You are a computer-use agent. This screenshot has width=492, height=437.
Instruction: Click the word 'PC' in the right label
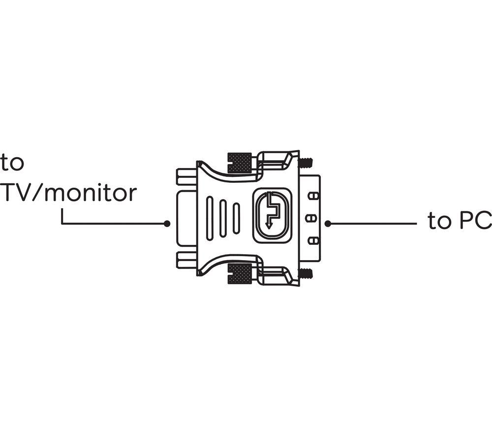pos(475,222)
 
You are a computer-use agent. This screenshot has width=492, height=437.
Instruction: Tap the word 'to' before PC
pos(439,222)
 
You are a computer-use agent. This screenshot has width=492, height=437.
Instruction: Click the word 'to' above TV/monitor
pos(12,163)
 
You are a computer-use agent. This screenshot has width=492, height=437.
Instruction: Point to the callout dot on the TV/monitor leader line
pos(167,224)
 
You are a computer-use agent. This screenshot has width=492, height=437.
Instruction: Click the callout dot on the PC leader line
pos(328,224)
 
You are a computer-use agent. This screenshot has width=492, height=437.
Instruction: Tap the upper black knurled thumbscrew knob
pos(240,163)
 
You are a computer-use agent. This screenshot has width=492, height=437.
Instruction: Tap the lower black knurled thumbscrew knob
pos(240,273)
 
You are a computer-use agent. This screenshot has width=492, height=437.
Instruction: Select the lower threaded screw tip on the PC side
pos(306,272)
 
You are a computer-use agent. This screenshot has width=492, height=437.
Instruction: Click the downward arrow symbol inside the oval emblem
pos(269,224)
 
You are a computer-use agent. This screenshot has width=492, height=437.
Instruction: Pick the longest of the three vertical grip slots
pos(210,218)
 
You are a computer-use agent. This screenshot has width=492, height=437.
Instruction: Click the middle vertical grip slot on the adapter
pos(223,218)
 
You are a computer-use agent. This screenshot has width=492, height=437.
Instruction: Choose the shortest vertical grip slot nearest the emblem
pos(236,218)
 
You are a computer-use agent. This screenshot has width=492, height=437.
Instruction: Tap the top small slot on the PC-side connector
pos(311,196)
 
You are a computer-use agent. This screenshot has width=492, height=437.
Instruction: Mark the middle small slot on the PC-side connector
pos(311,218)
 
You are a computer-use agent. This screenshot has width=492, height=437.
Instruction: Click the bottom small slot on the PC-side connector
pos(311,240)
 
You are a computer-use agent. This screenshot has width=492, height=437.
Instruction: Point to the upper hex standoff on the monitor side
pos(186,176)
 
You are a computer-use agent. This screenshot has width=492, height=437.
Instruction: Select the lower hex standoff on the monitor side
pos(186,260)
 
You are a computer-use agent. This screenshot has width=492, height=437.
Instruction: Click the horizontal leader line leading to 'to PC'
pos(374,224)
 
